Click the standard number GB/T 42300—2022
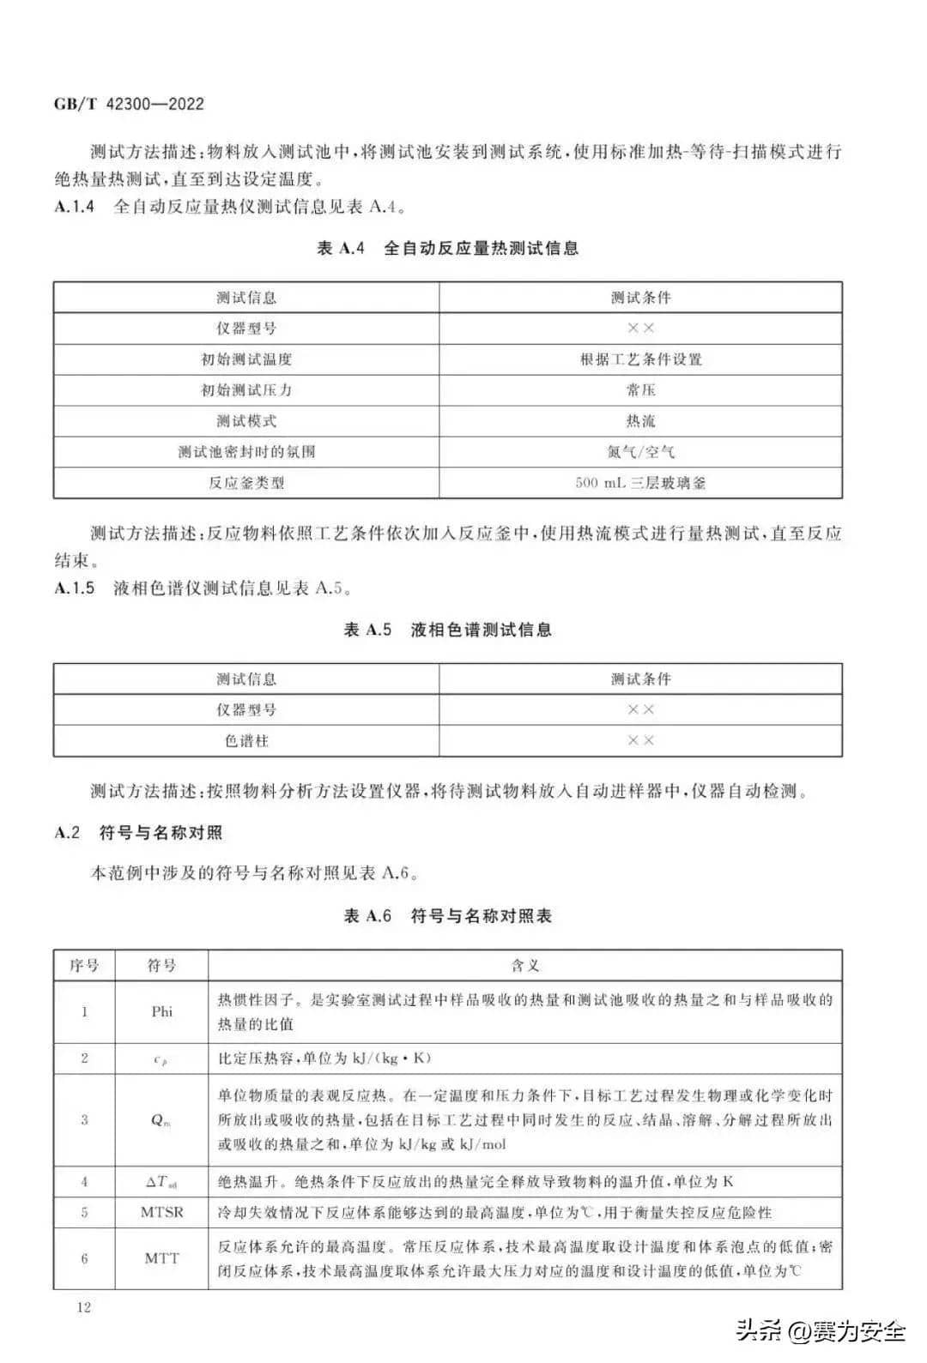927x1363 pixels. tap(129, 104)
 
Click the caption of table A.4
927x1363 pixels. tap(447, 249)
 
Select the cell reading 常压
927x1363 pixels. tap(640, 390)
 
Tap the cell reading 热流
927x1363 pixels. tap(640, 421)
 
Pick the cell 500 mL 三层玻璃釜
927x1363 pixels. tap(640, 483)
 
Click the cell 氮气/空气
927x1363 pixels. tap(640, 452)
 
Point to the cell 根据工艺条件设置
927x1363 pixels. tap(640, 359)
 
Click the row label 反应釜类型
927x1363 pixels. tap(246, 483)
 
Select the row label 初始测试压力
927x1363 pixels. tap(246, 390)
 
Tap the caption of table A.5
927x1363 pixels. tap(447, 630)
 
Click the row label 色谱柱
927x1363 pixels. tap(246, 740)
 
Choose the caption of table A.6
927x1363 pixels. tap(447, 916)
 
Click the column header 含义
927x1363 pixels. tap(524, 966)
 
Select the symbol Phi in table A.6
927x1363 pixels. tap(161, 1012)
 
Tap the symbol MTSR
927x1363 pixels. tap(161, 1213)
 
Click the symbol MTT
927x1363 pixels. tap(161, 1258)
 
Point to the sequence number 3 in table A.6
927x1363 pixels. tap(84, 1120)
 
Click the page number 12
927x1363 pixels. tap(83, 1308)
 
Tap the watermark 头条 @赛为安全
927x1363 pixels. tap(820, 1332)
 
